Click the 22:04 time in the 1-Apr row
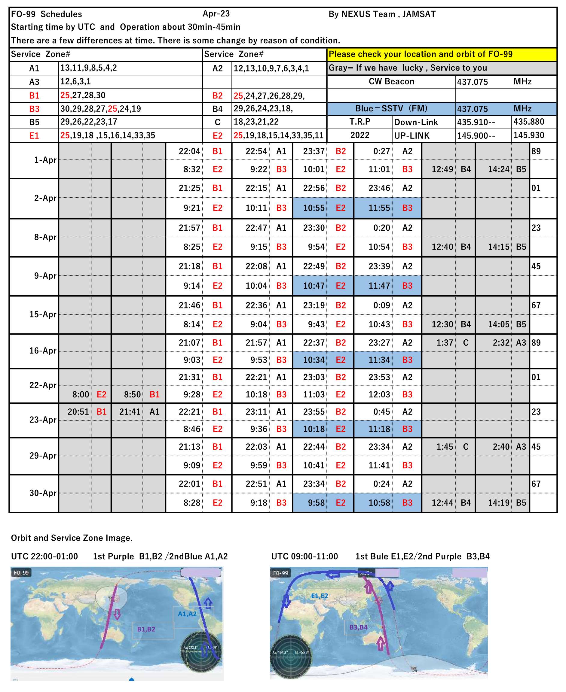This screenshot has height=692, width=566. tap(189, 151)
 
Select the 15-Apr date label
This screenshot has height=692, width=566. tap(43, 314)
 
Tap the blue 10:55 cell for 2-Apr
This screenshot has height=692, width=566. tap(314, 208)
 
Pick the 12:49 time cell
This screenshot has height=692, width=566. tap(442, 169)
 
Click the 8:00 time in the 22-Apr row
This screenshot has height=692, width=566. tap(81, 395)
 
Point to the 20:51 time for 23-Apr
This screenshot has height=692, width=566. tap(78, 412)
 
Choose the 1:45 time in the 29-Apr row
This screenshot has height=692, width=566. tap(445, 447)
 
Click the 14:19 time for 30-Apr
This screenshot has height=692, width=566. tap(498, 503)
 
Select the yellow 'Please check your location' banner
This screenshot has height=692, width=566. tap(442, 54)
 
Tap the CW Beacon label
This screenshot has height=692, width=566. tap(391, 81)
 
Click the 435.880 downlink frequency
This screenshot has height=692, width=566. tap(529, 122)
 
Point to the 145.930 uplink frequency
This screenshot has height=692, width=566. tap(529, 135)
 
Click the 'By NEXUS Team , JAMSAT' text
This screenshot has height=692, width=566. tap(382, 14)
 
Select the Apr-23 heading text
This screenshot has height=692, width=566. tap(216, 14)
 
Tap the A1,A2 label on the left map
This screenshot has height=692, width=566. tap(187, 614)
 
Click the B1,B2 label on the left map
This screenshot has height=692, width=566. tap(146, 629)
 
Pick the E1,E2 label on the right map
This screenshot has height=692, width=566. tap(320, 596)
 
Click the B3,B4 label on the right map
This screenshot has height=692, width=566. tap(359, 627)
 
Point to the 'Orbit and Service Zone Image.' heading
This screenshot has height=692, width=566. tap(72, 538)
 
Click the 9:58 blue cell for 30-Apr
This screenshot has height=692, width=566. tap(316, 503)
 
